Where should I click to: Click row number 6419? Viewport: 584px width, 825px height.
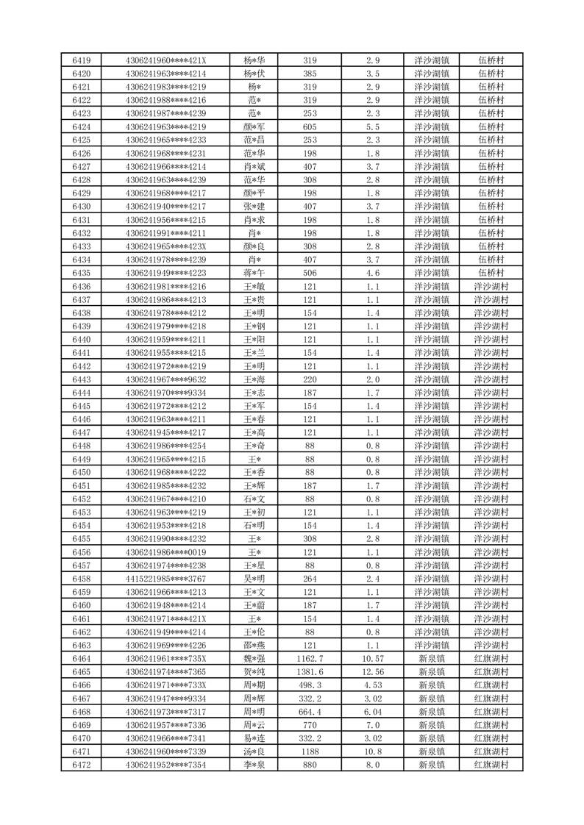82,60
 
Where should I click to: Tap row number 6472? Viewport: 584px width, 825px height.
82,765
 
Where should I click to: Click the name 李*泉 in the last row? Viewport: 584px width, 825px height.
255,765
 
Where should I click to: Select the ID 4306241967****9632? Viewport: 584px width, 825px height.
166,379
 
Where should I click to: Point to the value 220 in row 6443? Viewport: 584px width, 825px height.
310,379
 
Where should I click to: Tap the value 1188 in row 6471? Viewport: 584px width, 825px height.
310,752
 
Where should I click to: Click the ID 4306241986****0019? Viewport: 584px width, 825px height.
166,552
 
